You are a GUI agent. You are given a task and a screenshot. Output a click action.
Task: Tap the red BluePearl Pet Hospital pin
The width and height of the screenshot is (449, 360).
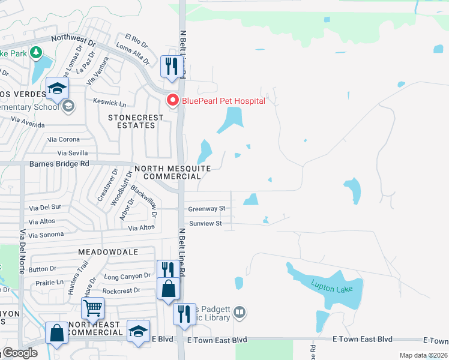[x=173, y=100]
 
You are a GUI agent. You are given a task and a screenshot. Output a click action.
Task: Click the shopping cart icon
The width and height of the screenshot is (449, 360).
[x=92, y=308]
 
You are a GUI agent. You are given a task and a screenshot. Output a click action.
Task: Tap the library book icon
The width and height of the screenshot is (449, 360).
[x=240, y=311]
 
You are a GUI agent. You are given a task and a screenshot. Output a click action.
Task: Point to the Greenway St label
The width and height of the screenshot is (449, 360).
[x=206, y=209]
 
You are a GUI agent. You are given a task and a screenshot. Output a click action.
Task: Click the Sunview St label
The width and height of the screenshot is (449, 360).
[x=206, y=223]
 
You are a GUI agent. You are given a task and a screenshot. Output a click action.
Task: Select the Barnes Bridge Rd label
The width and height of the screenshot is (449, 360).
[x=59, y=163]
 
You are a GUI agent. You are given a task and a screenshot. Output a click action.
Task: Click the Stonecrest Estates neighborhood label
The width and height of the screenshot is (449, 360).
[x=131, y=121]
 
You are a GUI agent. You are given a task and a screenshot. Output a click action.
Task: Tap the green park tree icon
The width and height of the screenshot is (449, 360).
[x=37, y=53]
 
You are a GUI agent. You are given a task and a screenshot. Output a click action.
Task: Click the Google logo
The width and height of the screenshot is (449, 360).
[x=20, y=353]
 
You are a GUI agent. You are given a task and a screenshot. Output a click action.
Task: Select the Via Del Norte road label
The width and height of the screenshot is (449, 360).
[x=23, y=251]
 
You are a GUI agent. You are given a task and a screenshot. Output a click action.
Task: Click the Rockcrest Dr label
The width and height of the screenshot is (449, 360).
[x=121, y=290]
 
